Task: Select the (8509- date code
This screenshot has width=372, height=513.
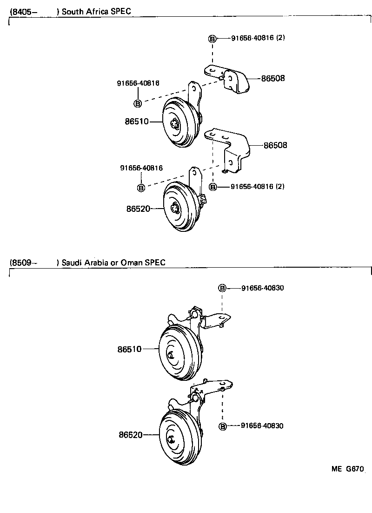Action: [23, 263]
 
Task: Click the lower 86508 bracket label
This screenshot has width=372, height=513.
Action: [275, 145]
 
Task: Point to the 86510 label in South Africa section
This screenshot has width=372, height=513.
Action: [136, 121]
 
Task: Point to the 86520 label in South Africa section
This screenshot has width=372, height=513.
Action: [138, 209]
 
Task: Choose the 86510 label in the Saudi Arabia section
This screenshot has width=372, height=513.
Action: [130, 348]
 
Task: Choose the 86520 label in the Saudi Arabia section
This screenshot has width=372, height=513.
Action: [130, 435]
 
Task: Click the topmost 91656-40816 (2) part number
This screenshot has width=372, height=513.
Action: [258, 38]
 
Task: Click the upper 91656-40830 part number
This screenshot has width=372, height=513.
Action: [262, 288]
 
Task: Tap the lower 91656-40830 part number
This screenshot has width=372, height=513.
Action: [262, 426]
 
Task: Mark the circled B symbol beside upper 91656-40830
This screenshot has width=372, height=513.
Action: [222, 288]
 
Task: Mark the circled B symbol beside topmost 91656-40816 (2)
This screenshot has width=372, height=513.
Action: [212, 39]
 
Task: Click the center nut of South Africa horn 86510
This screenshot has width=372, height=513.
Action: [175, 124]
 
